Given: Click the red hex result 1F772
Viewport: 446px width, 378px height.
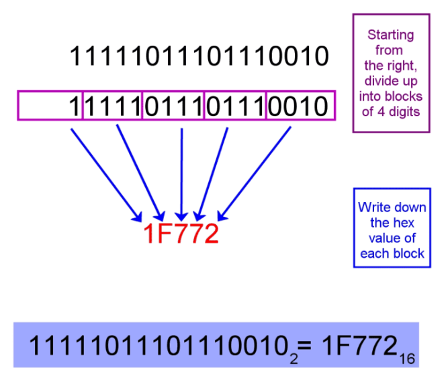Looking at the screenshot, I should click(181, 234).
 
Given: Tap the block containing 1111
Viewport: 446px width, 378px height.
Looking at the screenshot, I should click(112, 106).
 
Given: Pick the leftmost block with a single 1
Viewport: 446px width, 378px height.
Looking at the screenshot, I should click(50, 106).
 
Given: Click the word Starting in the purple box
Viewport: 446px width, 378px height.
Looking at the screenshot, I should click(390, 35).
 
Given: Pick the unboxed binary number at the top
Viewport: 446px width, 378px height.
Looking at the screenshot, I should click(199, 56).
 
